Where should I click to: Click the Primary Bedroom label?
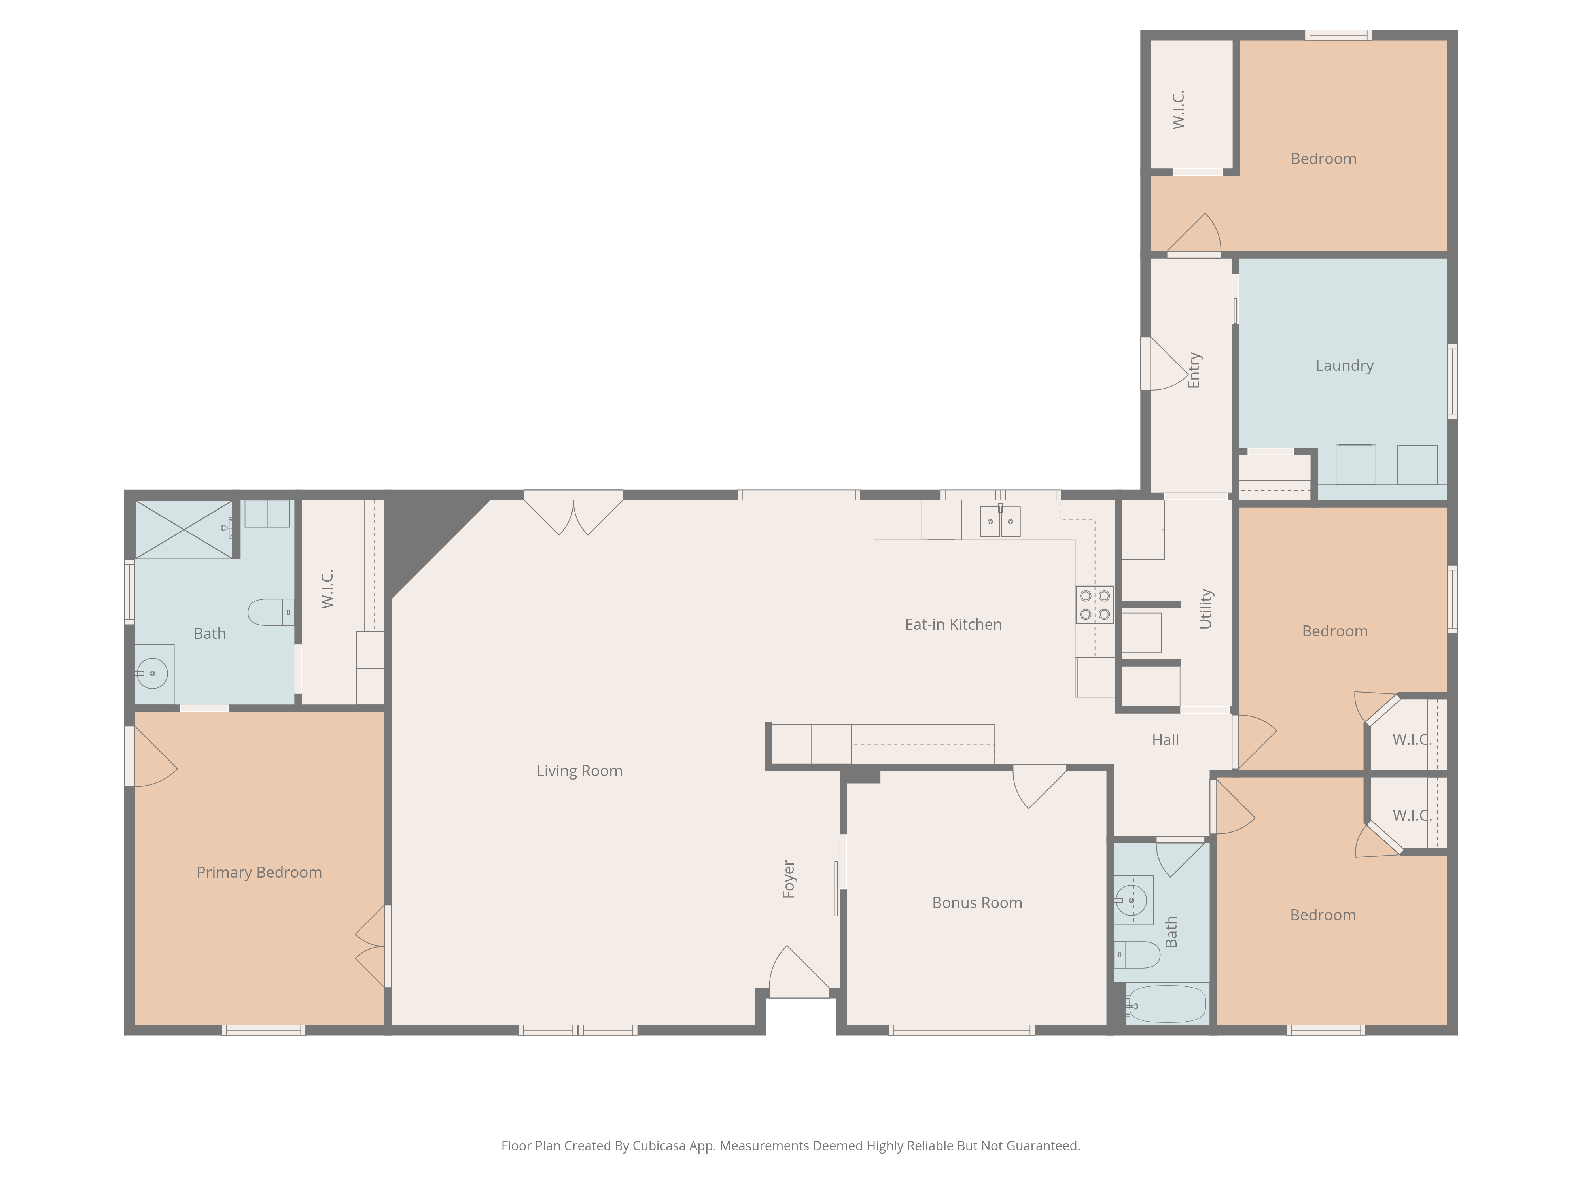259,872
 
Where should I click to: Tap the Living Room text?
579,771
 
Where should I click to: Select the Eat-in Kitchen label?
953,624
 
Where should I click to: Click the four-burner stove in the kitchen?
1094,605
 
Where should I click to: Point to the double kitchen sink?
1000,521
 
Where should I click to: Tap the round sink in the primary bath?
152,673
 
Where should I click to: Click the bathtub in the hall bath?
1167,1005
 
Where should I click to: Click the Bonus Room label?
977,903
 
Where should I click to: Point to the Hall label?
1165,740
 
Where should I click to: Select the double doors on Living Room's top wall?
573,513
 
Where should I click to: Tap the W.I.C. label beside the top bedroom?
1179,110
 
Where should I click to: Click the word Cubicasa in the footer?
659,1146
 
